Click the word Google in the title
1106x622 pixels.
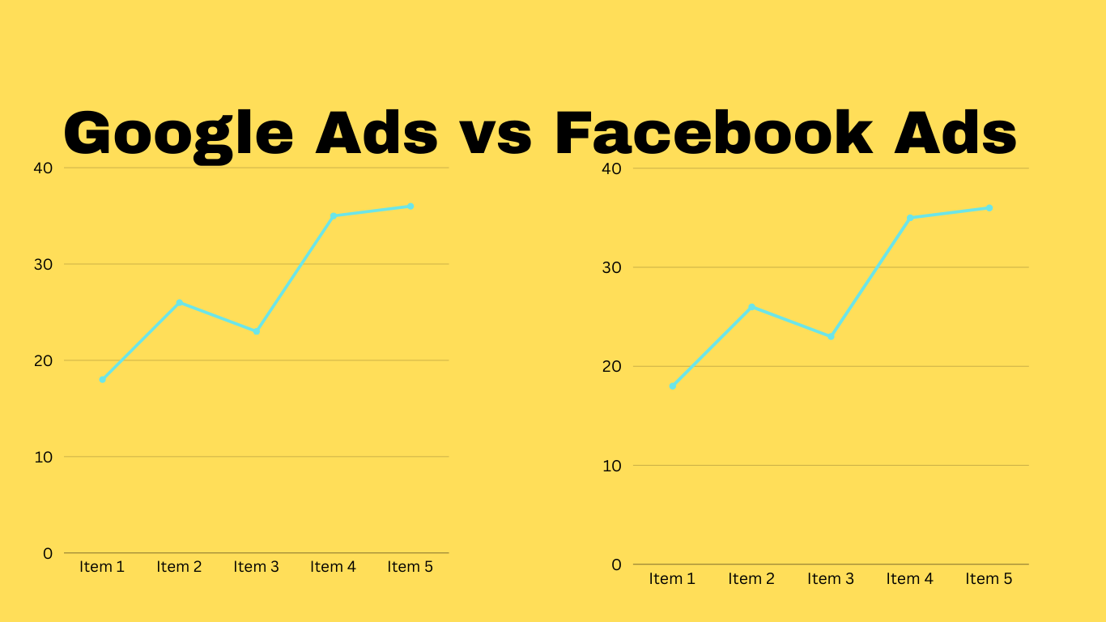(179, 134)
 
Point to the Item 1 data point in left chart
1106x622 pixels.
(103, 379)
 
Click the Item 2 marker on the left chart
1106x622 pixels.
(180, 303)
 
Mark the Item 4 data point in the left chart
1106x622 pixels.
(333, 215)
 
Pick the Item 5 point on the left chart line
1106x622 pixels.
(410, 207)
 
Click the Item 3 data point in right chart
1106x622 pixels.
(831, 336)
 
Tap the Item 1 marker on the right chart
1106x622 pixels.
(673, 386)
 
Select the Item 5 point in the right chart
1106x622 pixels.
(989, 208)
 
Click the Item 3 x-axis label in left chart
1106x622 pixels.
(256, 567)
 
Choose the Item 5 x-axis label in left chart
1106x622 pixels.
(410, 567)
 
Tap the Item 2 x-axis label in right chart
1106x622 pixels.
(751, 579)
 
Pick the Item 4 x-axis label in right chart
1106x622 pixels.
(909, 579)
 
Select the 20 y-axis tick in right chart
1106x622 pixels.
(613, 366)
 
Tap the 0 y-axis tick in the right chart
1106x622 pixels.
(617, 564)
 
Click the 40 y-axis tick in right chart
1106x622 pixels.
(613, 168)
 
